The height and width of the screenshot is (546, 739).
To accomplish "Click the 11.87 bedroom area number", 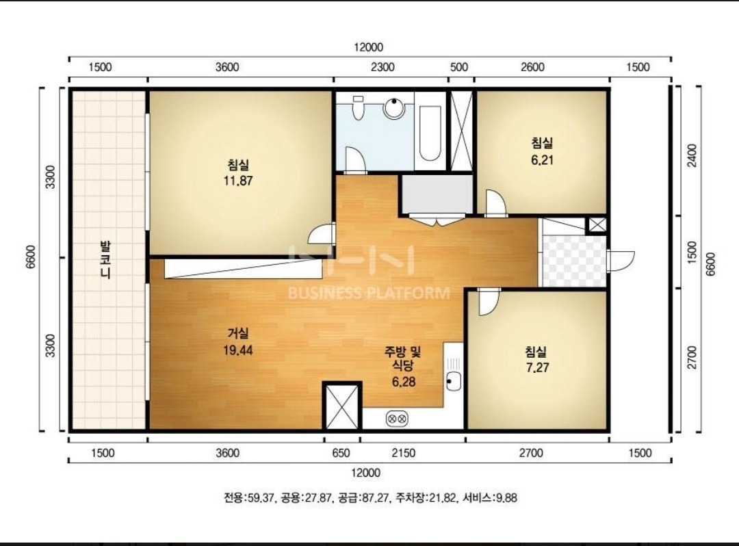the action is (238, 181).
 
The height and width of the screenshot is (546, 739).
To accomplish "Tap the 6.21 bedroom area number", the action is (542, 160).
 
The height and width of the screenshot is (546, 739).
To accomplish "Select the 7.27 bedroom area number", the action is (537, 367).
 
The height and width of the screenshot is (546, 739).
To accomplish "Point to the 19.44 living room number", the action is (238, 350).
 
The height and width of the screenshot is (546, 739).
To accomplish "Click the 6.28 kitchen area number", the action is (404, 382).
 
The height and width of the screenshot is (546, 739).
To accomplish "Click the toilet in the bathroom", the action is (358, 107).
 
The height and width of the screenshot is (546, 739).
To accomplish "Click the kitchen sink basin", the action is (454, 380).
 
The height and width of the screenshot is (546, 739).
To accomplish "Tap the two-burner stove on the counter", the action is (397, 418).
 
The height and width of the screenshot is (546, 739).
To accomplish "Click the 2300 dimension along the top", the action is (383, 67).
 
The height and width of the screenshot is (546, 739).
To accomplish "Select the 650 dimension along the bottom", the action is (341, 453).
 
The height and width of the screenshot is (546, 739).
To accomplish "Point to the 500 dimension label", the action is (459, 67).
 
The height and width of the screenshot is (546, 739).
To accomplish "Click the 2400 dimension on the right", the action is (692, 155).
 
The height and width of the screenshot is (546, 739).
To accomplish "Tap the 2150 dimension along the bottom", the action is (404, 453).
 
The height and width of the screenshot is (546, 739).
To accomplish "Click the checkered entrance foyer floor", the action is (573, 261).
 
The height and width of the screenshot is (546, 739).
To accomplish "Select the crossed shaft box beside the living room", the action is (342, 406).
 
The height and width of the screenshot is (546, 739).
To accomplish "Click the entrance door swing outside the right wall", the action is (622, 261).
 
